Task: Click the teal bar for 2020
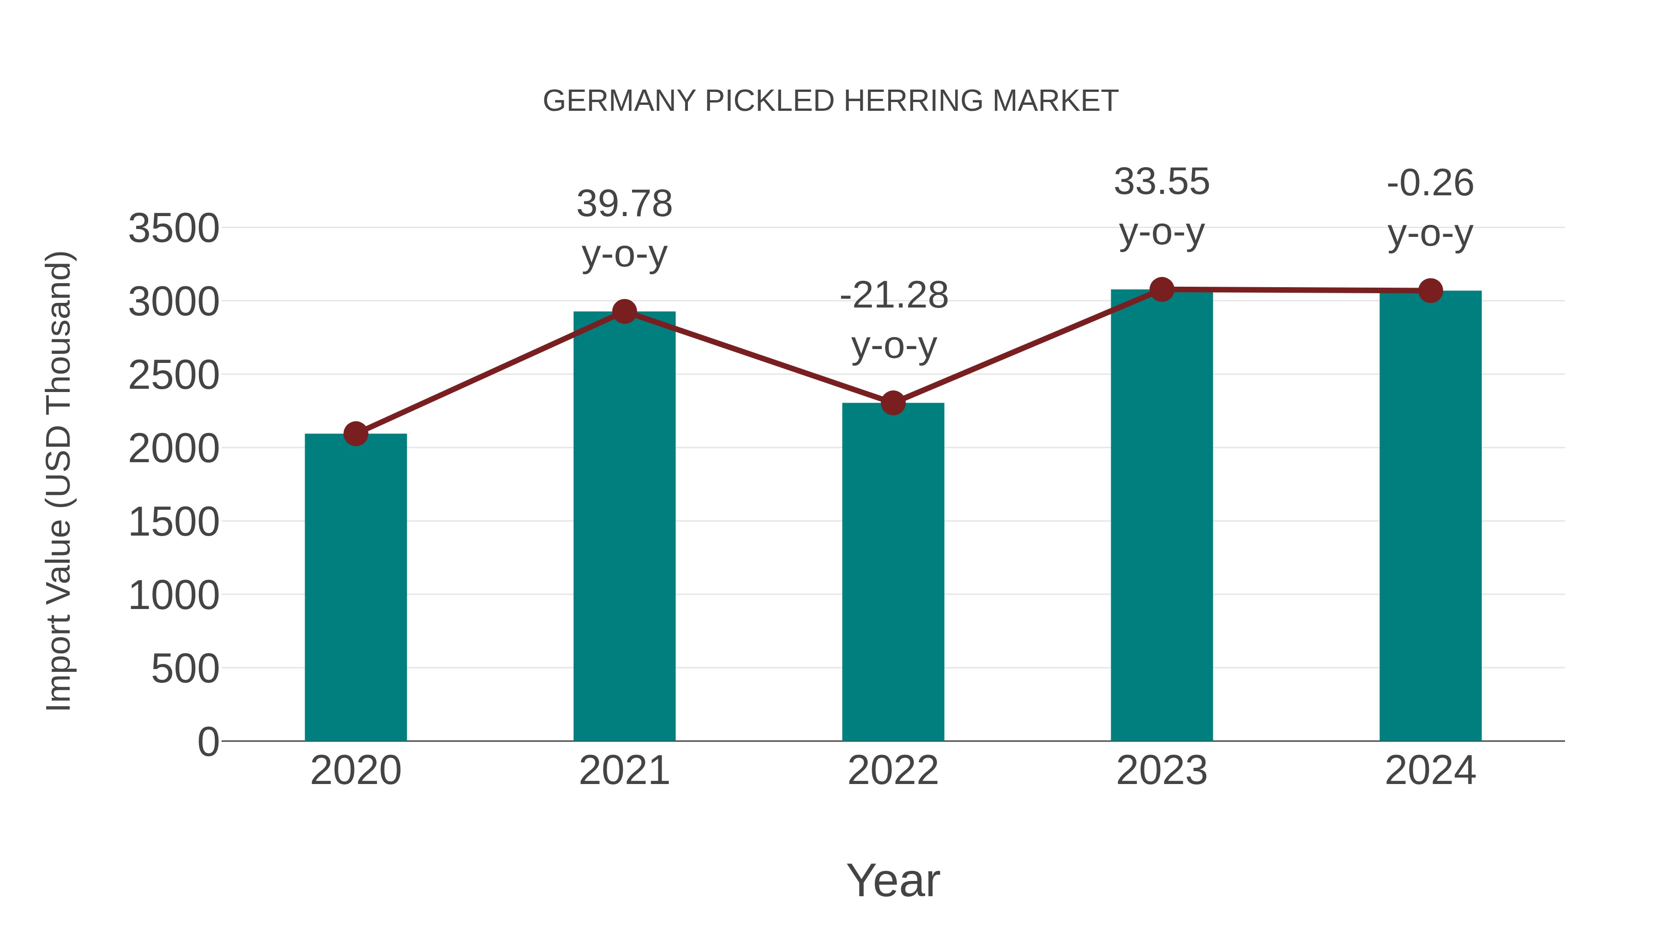point(355,587)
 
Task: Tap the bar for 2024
point(1430,516)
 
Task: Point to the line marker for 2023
point(1162,290)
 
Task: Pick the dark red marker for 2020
point(355,434)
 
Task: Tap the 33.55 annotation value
point(1162,182)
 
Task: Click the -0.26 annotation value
point(1430,183)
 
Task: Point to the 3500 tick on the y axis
point(174,229)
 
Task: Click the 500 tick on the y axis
point(185,669)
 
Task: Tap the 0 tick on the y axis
point(208,742)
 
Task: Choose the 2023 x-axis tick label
point(1162,771)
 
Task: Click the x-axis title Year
point(893,880)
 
